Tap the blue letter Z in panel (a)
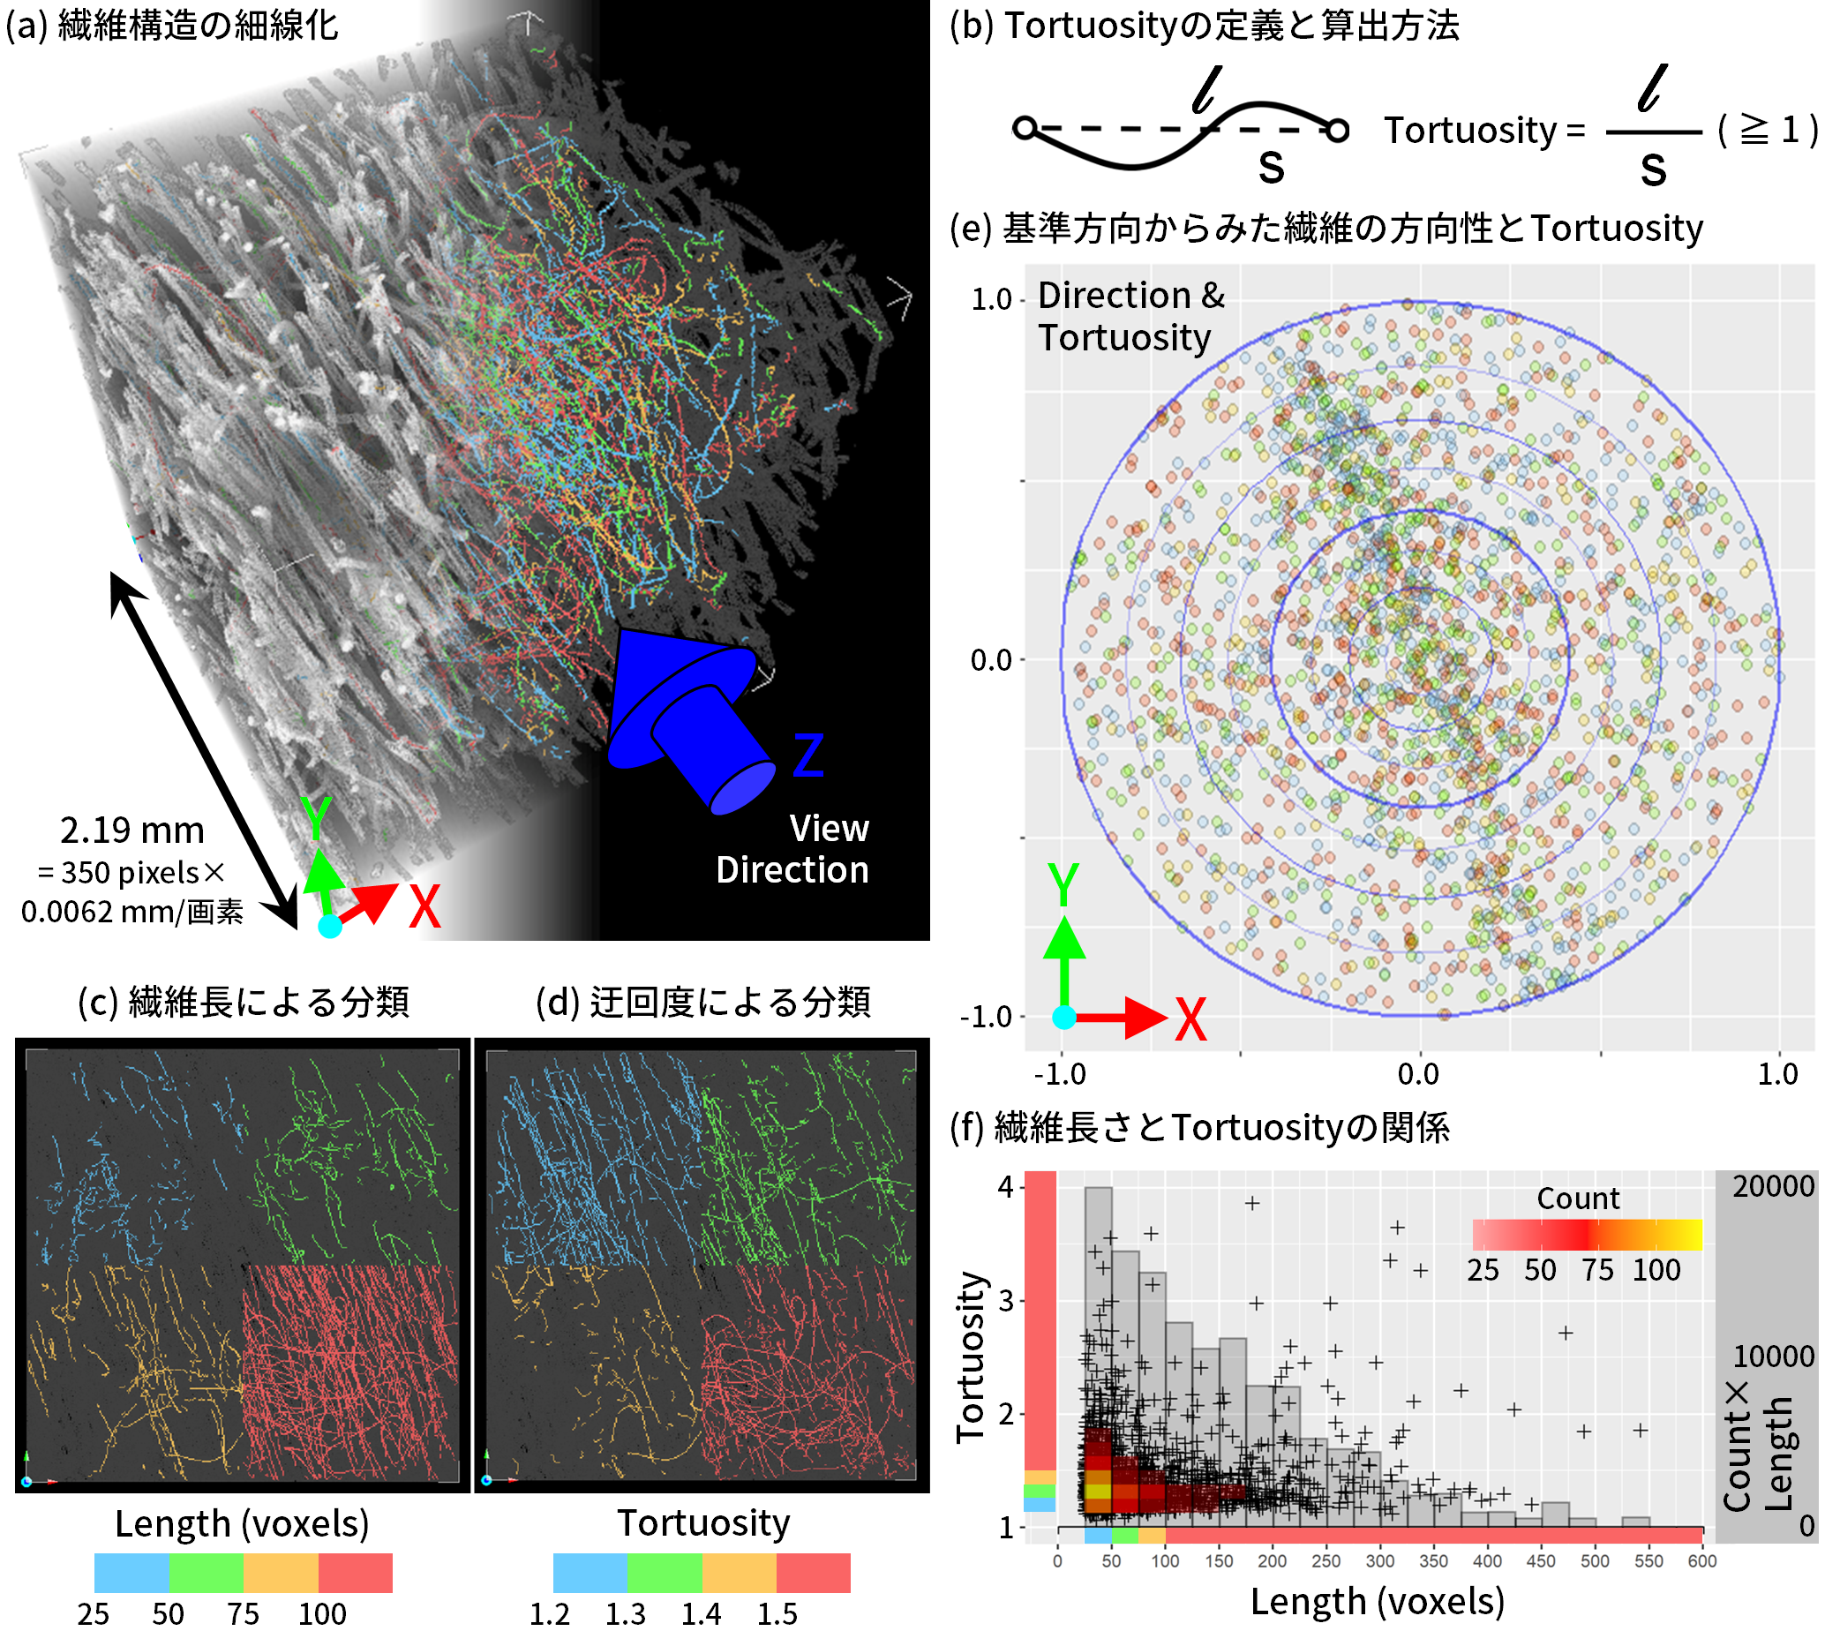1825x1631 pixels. coord(808,755)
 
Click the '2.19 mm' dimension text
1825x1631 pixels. coord(132,831)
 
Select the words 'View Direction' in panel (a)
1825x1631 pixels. coord(792,849)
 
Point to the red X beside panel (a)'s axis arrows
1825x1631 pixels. coord(424,907)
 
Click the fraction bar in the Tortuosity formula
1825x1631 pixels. coord(1652,132)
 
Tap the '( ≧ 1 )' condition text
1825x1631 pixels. coord(1767,131)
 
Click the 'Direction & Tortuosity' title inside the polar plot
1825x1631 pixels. coord(1130,316)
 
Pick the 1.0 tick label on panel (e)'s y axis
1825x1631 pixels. coord(991,299)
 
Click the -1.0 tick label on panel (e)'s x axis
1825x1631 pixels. coord(1060,1073)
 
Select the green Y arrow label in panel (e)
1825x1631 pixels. coord(1063,885)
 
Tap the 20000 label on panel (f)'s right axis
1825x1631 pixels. coord(1772,1186)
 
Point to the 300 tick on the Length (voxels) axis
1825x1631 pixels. coord(1378,1561)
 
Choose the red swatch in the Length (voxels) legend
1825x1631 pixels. coord(355,1573)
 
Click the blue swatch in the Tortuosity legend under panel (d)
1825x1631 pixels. coord(590,1573)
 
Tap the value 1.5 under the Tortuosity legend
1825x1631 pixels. coord(776,1614)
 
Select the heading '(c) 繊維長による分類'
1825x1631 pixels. coord(243,1002)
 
